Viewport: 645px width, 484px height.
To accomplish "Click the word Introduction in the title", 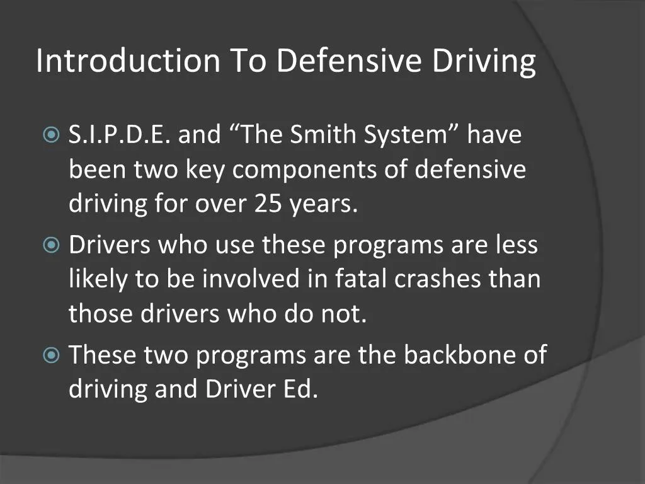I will tap(128, 61).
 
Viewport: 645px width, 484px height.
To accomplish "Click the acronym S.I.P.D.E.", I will tap(118, 135).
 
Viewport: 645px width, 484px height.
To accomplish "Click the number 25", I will tap(270, 205).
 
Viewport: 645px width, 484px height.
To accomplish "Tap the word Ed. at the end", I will tap(297, 389).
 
